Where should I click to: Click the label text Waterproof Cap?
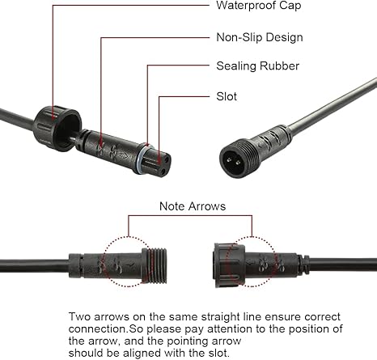point(259,6)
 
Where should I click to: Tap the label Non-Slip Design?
point(260,37)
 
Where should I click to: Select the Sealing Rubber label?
point(258,66)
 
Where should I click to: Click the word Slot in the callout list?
point(227,96)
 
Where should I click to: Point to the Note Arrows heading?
point(193,206)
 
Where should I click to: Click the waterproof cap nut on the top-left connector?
point(57,128)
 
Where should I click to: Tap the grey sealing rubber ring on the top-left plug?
point(142,159)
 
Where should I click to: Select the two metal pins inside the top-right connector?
point(234,162)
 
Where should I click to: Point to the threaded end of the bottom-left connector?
point(158,265)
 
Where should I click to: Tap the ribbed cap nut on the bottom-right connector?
point(230,265)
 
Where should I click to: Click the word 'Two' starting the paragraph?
point(79,316)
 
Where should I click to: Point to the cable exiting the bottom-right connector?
point(343,266)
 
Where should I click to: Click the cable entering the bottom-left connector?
point(34,266)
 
